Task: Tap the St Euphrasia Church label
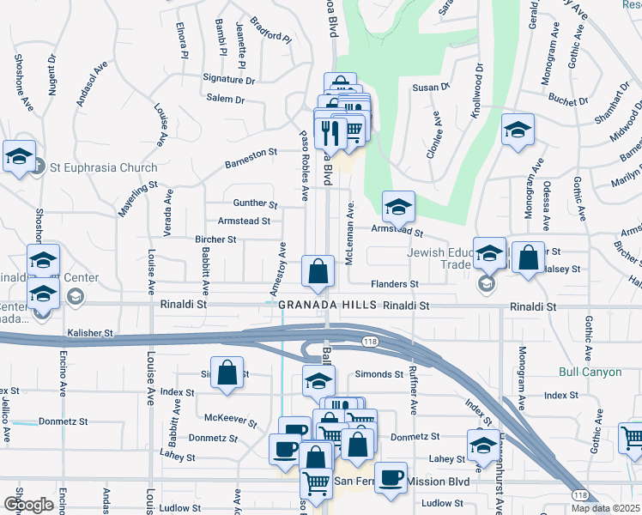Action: pos(103,167)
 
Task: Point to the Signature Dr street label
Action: pos(229,79)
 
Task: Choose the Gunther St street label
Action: pos(255,204)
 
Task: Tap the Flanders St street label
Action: pos(394,284)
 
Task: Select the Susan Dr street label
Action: pos(431,88)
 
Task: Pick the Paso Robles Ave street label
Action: pos(304,165)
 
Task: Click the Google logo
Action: pos(28,504)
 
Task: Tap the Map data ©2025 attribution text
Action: pos(605,508)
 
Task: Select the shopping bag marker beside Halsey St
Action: pos(528,257)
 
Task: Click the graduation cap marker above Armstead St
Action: pos(398,206)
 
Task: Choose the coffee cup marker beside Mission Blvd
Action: pos(391,477)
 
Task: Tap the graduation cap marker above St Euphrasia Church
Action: pos(19,156)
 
